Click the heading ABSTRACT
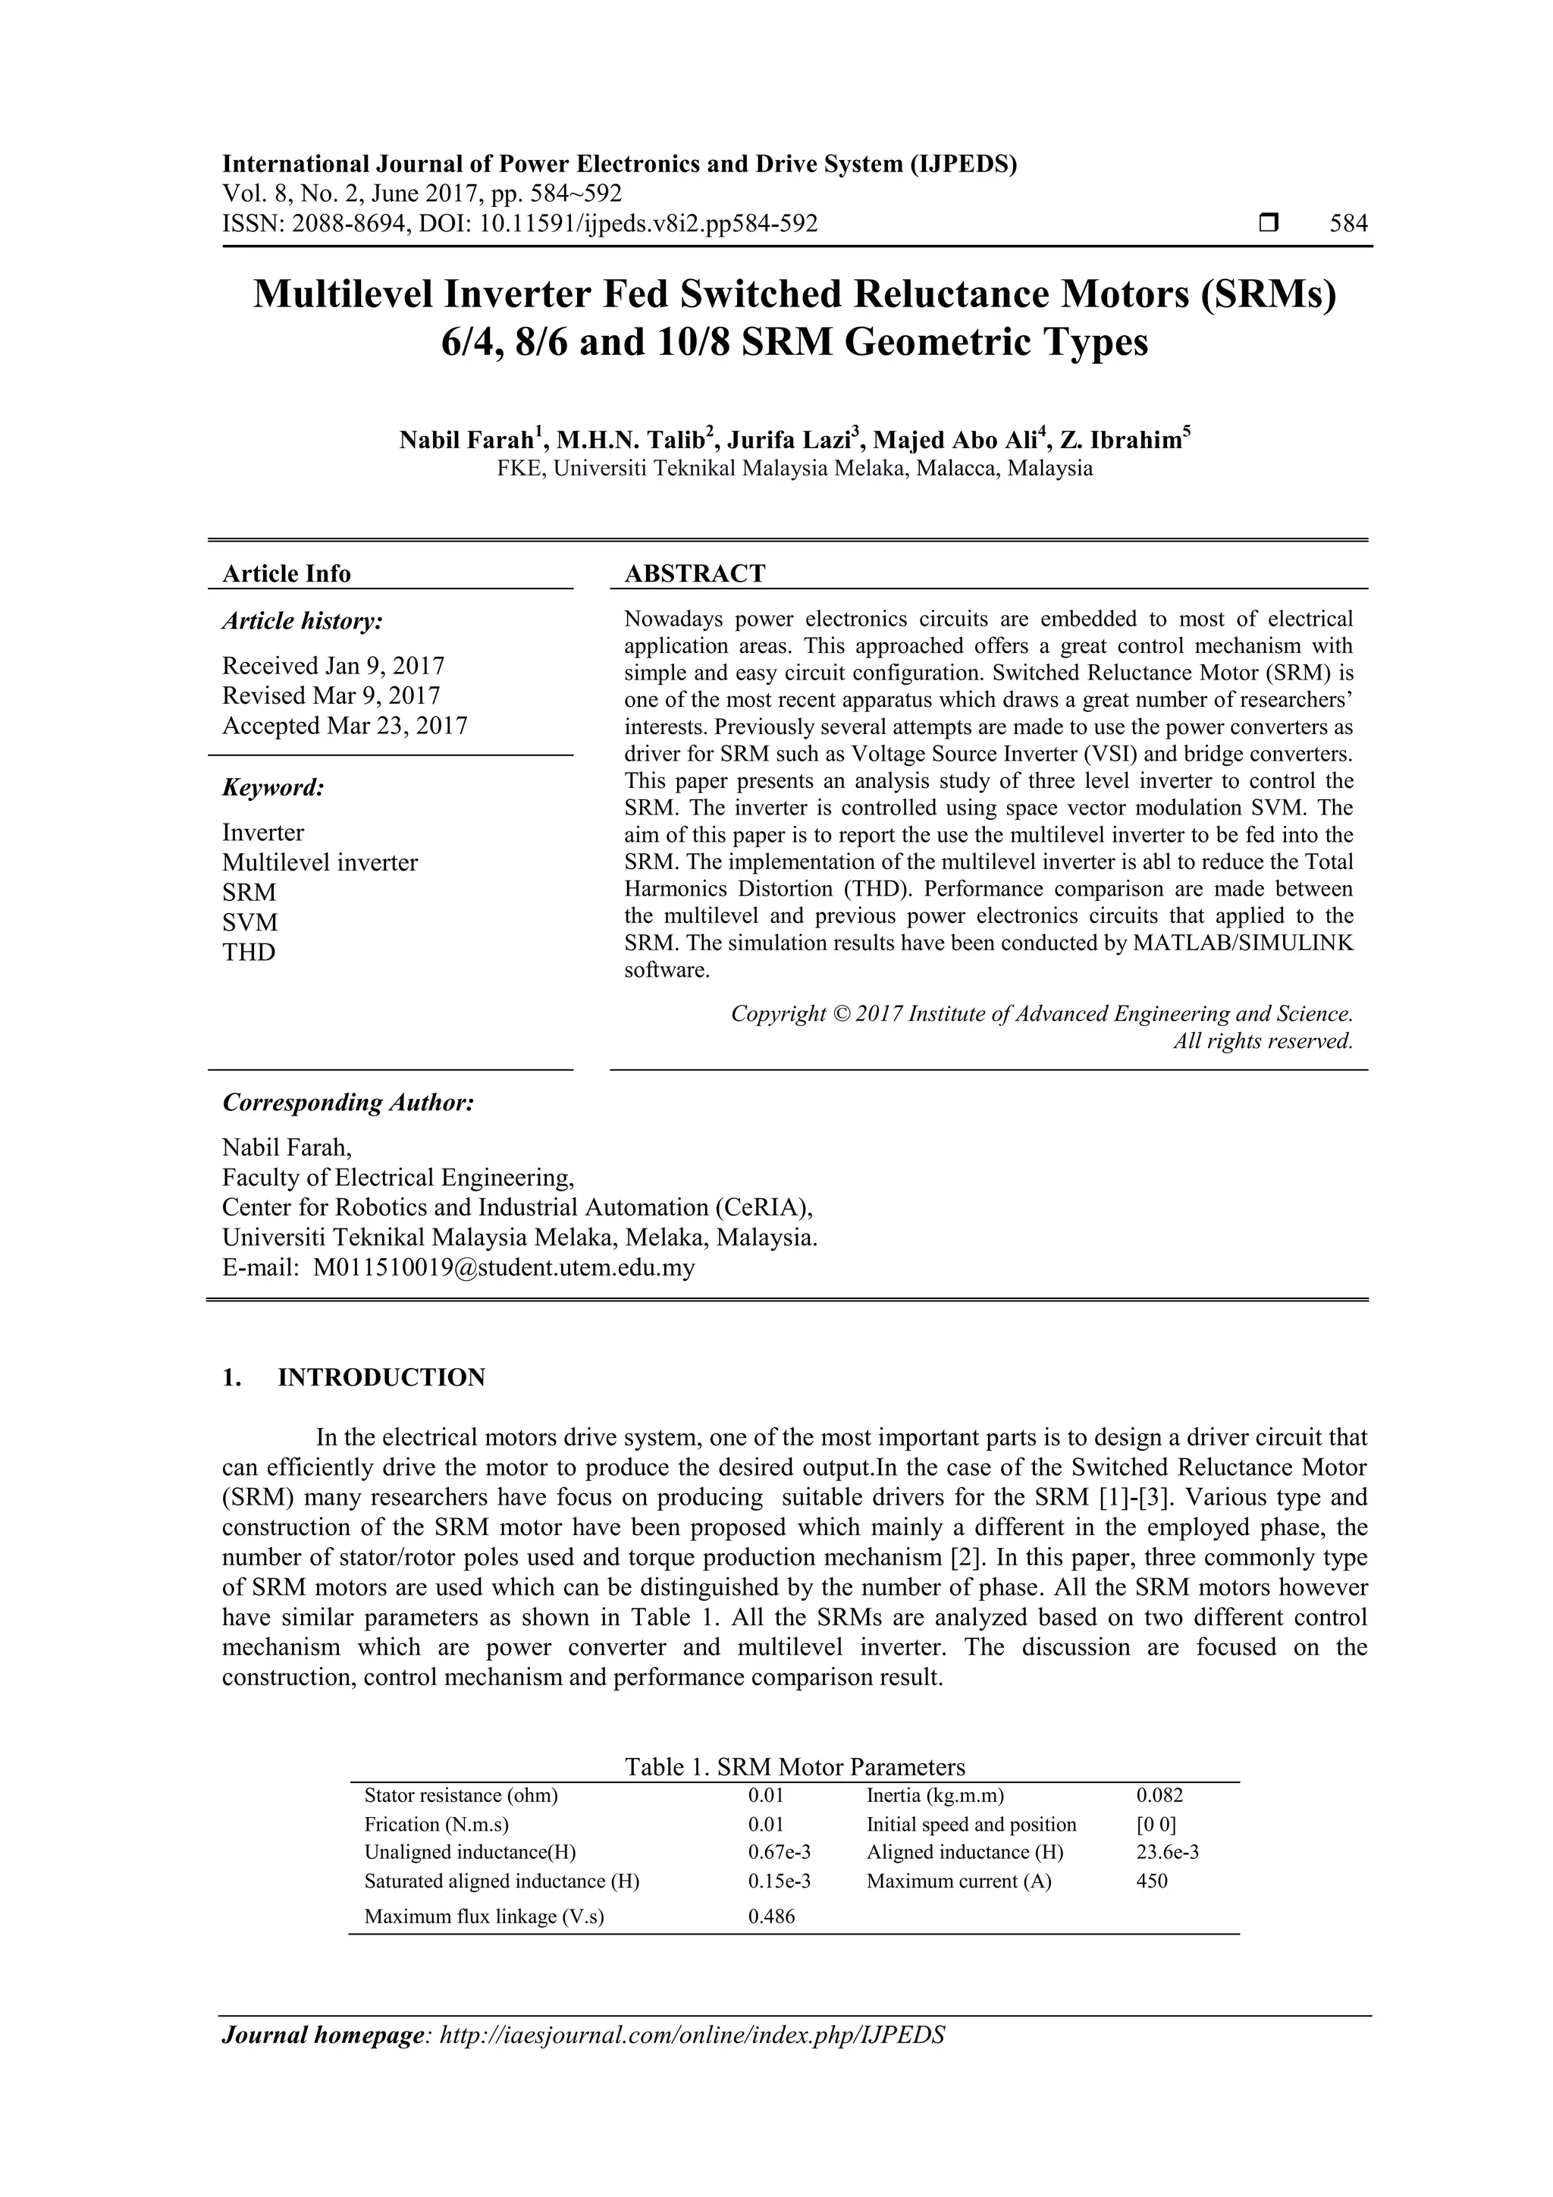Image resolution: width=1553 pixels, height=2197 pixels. [x=694, y=573]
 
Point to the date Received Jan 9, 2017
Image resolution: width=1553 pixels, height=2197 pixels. [x=333, y=665]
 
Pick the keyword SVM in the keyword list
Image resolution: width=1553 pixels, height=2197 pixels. [x=249, y=922]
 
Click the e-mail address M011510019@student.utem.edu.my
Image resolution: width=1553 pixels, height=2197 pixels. [x=504, y=1268]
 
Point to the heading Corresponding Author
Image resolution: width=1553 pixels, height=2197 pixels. [x=348, y=1103]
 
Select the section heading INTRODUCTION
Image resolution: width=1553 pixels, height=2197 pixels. [x=381, y=1378]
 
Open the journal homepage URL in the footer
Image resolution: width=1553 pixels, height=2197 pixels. [x=691, y=2036]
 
